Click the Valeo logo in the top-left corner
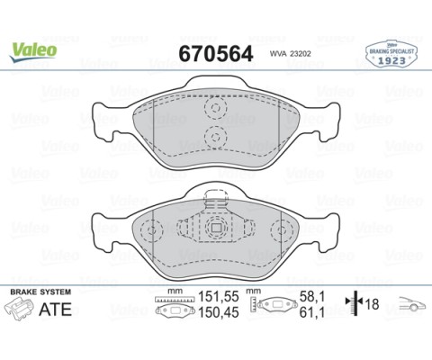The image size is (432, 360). click(x=34, y=49)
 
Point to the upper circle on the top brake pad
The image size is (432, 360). click(x=216, y=109)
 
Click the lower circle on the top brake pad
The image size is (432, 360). click(x=216, y=137)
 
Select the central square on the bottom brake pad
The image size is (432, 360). click(x=216, y=229)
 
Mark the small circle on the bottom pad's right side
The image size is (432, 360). click(x=279, y=229)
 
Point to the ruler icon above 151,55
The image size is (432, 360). click(x=168, y=298)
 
